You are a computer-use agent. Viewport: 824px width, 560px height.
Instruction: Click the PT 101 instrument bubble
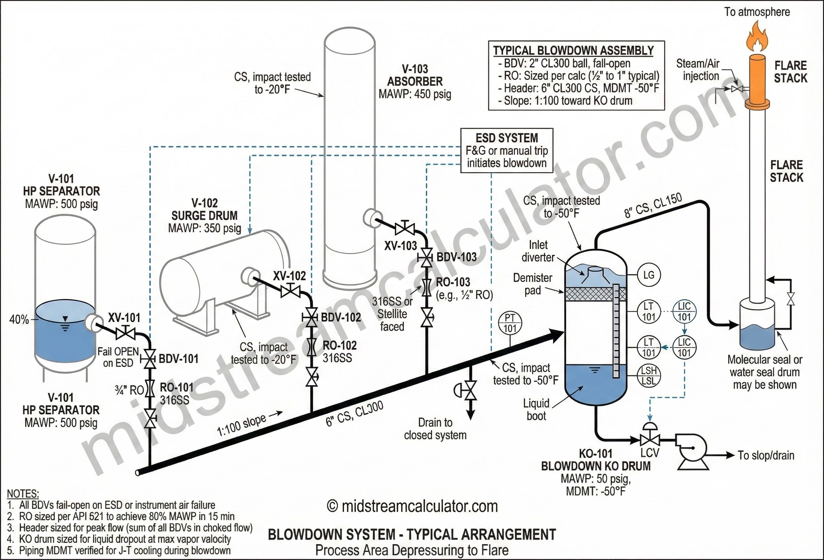(510, 323)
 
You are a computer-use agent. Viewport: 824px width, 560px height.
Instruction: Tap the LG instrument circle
(648, 275)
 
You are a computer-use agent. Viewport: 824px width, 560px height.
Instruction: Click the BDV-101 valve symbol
(149, 359)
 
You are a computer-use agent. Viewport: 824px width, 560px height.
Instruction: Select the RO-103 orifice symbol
(427, 287)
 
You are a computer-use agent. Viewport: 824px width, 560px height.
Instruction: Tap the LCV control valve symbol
(650, 440)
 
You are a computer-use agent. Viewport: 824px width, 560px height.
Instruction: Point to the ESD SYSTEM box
(506, 150)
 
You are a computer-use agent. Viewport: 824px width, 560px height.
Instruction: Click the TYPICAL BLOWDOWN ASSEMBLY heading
(573, 51)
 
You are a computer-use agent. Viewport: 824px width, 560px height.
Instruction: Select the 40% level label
(19, 320)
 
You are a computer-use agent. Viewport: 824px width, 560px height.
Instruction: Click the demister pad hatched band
(595, 294)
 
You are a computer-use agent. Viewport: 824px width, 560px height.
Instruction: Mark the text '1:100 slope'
(241, 425)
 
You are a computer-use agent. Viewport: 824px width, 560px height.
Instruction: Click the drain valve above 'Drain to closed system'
(470, 390)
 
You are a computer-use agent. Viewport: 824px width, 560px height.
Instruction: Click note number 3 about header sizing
(130, 527)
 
